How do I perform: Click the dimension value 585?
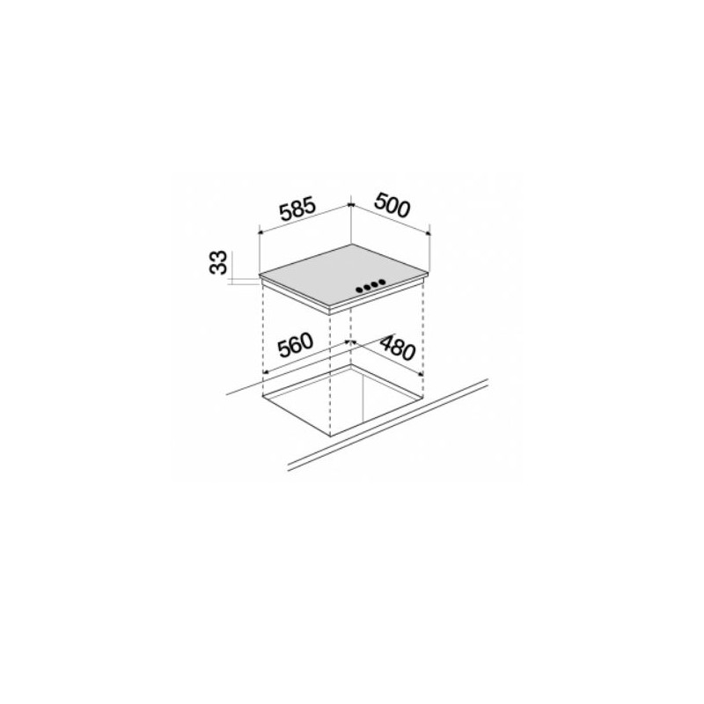[297, 212]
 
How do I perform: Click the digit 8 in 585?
[297, 212]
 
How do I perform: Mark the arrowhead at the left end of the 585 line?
[260, 234]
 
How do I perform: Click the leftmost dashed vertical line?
[264, 334]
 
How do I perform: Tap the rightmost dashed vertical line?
[425, 330]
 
